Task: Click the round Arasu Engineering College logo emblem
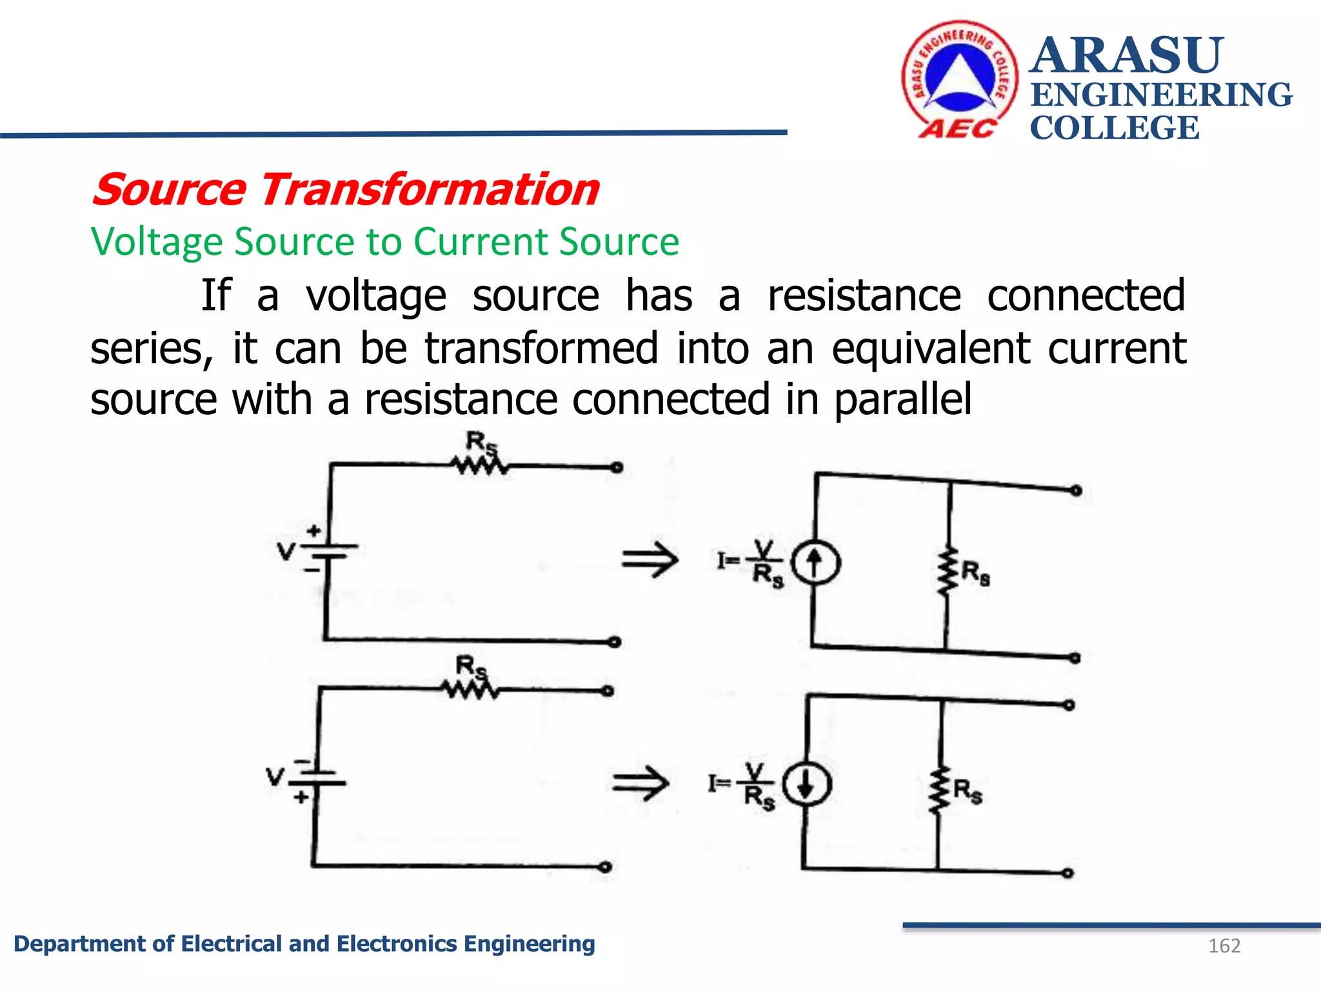pos(960,79)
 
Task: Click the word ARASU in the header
pos(1126,55)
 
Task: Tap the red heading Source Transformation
pos(346,190)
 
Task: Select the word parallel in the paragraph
pos(902,399)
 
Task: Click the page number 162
pos(1224,946)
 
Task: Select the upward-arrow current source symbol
pos(815,563)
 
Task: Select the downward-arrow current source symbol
pos(806,785)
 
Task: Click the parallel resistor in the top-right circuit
pos(948,571)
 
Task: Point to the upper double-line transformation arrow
pos(650,559)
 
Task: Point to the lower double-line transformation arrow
pos(641,783)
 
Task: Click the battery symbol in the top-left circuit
pos(329,550)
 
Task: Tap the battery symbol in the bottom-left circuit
pos(317,777)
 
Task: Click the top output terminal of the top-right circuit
pos(1076,491)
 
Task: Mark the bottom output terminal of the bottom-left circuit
pos(605,867)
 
